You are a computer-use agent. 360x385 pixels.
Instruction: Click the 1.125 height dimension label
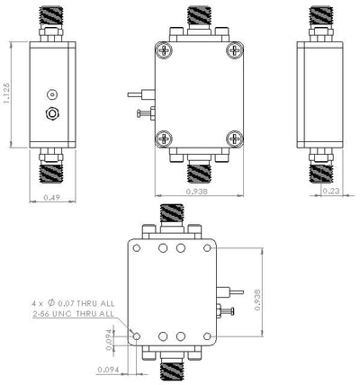coord(6,94)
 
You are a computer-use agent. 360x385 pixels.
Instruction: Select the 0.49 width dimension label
coord(51,197)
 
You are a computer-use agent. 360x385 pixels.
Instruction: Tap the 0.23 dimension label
coord(331,191)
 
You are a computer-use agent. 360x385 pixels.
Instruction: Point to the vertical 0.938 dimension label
coord(257,300)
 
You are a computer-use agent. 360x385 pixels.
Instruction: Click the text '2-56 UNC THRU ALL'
coord(73,314)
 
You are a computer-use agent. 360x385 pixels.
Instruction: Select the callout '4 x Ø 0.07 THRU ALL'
coord(73,303)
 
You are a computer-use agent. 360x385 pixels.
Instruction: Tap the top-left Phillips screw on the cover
coord(164,50)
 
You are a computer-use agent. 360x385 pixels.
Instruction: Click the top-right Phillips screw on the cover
coord(234,50)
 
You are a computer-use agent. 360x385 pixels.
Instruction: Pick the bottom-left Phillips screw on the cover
coord(164,139)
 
